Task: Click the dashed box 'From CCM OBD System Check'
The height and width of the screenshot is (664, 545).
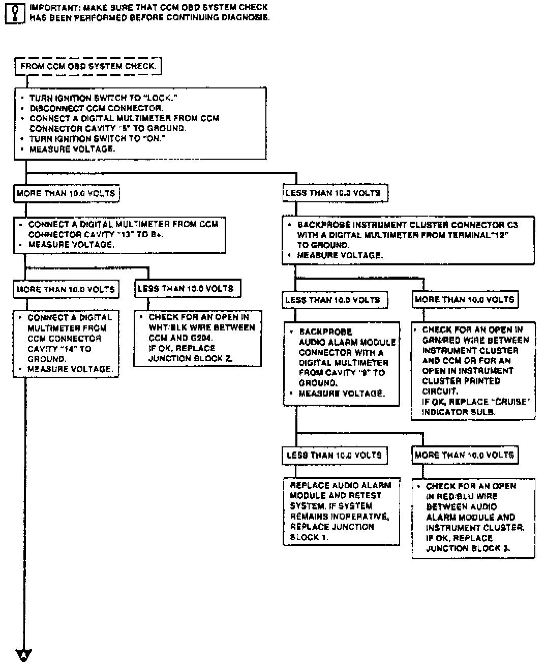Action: [x=88, y=67]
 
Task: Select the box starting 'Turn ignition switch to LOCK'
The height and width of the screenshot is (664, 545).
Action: [x=140, y=124]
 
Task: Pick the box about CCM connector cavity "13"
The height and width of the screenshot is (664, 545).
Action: [x=120, y=234]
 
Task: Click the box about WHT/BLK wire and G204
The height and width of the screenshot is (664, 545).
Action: [x=198, y=338]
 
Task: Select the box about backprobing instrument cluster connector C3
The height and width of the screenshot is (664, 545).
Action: [x=408, y=240]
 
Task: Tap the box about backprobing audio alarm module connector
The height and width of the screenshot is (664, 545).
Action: [x=341, y=363]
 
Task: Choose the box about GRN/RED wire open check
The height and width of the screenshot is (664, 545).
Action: [x=473, y=371]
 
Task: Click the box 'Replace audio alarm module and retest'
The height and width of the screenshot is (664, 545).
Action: [x=341, y=511]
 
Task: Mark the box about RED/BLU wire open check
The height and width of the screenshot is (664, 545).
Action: [x=473, y=517]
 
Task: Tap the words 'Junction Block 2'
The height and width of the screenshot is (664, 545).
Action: [x=190, y=358]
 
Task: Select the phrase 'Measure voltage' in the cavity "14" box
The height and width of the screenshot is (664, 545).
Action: [x=70, y=370]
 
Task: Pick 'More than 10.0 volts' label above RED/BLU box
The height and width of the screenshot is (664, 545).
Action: [x=464, y=455]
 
